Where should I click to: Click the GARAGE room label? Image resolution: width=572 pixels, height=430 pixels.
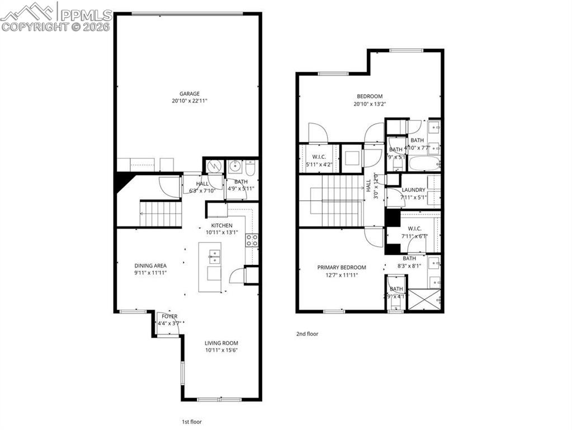pyautogui.click(x=189, y=94)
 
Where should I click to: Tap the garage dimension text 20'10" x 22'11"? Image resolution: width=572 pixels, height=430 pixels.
pyautogui.click(x=189, y=101)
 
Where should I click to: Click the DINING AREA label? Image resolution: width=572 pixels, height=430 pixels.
pyautogui.click(x=150, y=265)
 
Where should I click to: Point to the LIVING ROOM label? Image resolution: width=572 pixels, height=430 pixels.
pyautogui.click(x=221, y=343)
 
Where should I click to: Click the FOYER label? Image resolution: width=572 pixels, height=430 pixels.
pyautogui.click(x=169, y=316)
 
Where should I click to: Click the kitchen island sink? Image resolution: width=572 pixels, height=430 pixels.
pyautogui.click(x=214, y=258)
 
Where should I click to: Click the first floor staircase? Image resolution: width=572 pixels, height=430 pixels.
pyautogui.click(x=161, y=214)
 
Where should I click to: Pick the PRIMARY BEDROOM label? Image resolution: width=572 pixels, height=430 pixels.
pyautogui.click(x=342, y=268)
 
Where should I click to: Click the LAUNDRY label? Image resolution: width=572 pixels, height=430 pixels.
pyautogui.click(x=413, y=190)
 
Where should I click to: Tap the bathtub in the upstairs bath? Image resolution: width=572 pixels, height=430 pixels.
pyautogui.click(x=424, y=164)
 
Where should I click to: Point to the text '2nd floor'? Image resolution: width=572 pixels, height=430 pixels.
pyautogui.click(x=307, y=334)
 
